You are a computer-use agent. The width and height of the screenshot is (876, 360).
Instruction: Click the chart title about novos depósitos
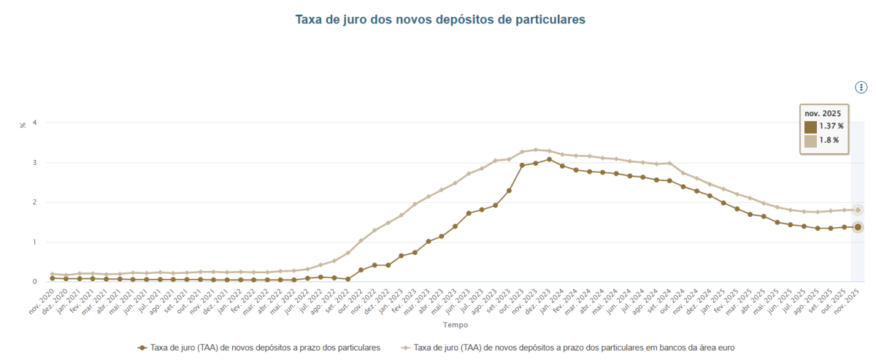click(439, 20)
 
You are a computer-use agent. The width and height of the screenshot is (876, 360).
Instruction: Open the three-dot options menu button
click(861, 88)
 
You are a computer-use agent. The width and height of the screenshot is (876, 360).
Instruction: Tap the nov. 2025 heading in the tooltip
click(822, 113)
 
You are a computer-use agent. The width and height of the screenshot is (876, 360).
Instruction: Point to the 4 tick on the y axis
click(35, 123)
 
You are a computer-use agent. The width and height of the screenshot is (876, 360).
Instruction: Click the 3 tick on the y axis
click(35, 163)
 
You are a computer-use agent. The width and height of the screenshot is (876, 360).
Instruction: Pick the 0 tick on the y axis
click(35, 282)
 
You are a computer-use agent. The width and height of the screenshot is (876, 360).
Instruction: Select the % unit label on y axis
click(23, 125)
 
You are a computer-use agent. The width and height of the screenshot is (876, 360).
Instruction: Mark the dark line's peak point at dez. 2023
click(549, 159)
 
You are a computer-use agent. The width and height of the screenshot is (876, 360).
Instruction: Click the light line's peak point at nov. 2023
click(535, 150)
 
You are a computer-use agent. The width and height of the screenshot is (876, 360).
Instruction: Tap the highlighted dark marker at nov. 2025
click(858, 227)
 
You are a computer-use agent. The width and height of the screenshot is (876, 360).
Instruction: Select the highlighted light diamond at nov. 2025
click(858, 210)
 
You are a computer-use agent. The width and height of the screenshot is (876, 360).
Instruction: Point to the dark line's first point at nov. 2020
click(53, 278)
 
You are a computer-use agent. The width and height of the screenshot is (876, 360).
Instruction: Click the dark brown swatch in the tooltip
click(810, 127)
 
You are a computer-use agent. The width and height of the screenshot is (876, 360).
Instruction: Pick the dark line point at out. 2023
click(522, 165)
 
